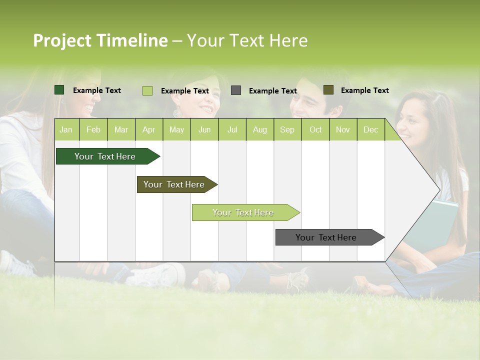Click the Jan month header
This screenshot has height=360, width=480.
click(66, 130)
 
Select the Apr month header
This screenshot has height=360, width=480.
click(148, 130)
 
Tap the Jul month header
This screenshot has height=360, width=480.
click(232, 130)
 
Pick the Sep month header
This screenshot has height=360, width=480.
click(287, 130)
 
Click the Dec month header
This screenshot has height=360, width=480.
click(370, 130)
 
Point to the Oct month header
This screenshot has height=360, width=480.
click(315, 130)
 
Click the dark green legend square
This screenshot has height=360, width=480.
click(59, 90)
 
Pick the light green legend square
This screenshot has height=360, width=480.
click(147, 90)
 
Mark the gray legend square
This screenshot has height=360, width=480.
click(236, 90)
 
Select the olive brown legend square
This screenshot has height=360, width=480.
click(328, 90)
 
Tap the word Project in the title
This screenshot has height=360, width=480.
click(62, 40)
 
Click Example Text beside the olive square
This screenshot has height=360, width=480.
click(364, 90)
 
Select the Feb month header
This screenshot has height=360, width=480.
click(93, 130)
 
